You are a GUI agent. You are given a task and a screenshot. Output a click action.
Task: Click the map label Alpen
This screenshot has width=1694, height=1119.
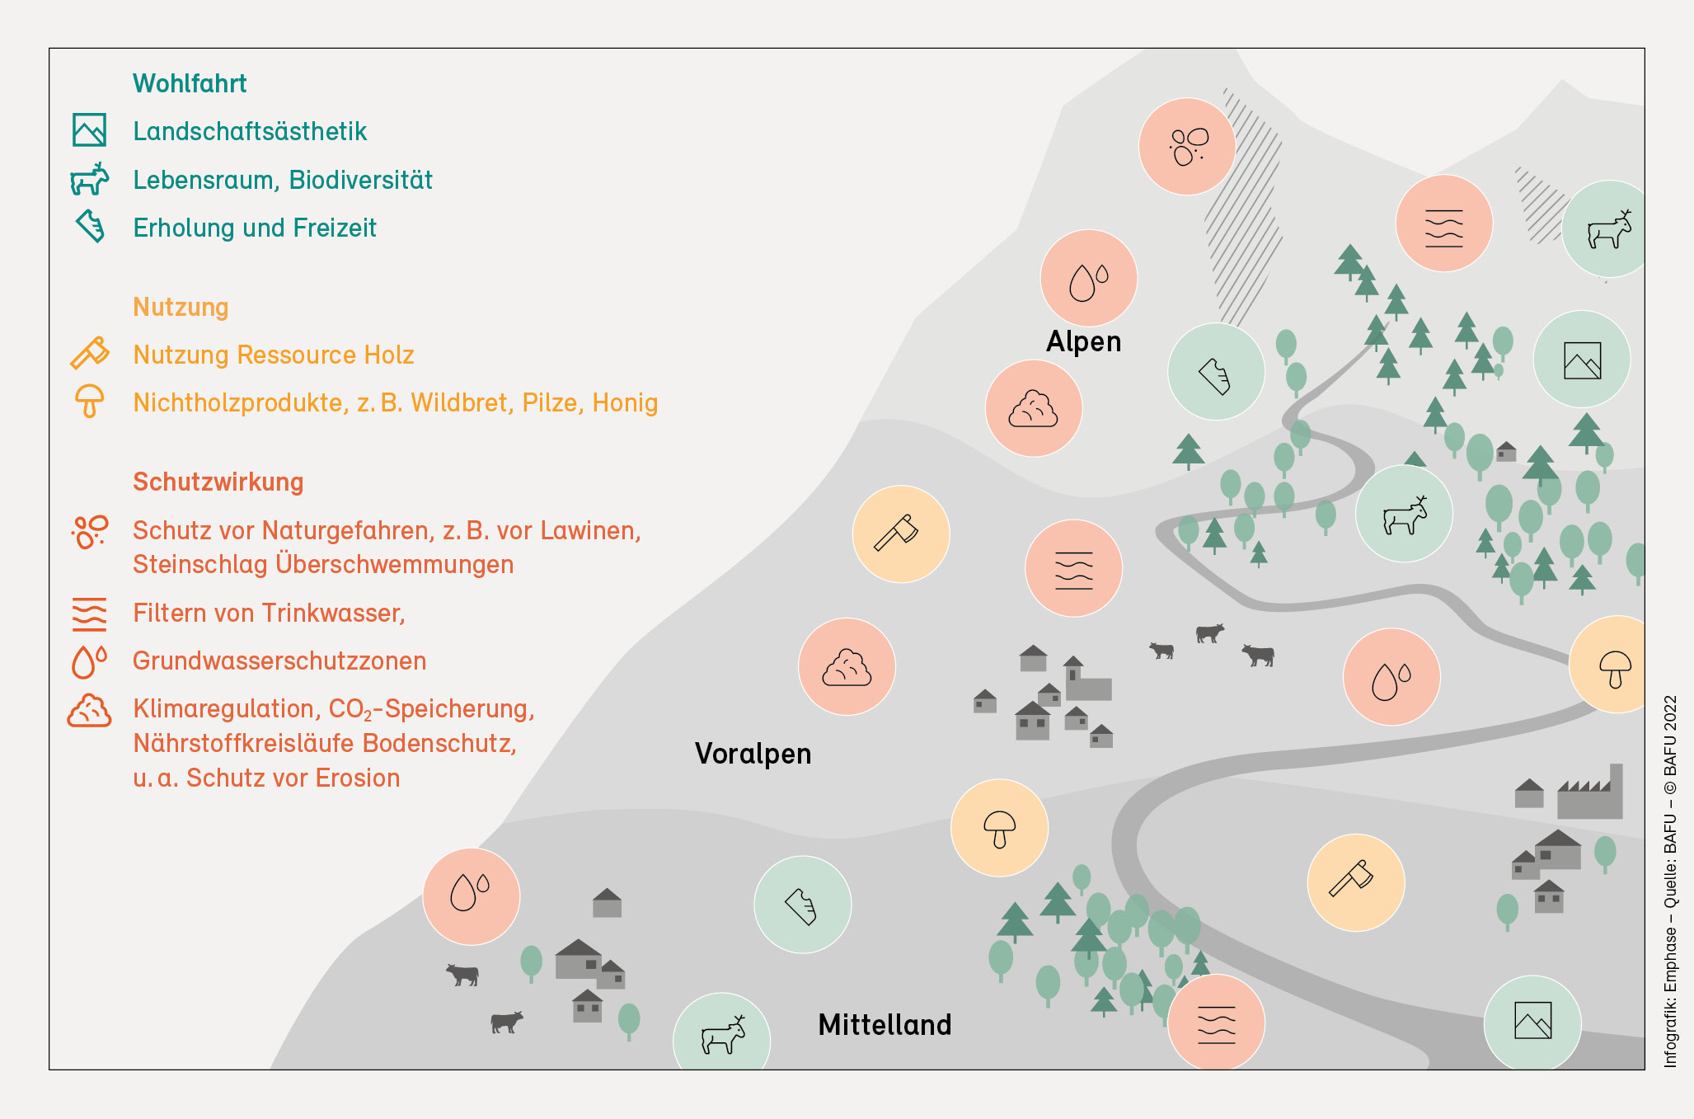tap(1083, 341)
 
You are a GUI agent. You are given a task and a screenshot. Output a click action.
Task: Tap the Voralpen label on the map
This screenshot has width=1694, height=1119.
tap(753, 754)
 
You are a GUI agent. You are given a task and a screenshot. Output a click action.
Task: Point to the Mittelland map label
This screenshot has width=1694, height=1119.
tap(885, 1025)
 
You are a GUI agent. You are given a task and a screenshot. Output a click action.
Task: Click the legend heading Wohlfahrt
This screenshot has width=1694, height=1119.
tap(190, 83)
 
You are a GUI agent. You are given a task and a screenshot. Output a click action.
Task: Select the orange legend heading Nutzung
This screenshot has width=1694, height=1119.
tap(181, 308)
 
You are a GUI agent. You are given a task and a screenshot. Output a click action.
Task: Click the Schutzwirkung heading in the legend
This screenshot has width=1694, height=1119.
tap(218, 482)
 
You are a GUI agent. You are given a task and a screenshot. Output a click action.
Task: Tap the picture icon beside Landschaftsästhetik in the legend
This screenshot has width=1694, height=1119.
tap(89, 130)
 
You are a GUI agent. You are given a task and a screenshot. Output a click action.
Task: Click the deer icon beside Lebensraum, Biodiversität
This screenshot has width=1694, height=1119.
tap(89, 179)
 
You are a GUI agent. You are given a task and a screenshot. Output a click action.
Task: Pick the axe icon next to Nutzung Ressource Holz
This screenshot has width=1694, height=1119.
tap(89, 353)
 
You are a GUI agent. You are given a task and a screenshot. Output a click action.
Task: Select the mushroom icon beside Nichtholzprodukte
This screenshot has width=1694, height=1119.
tap(89, 402)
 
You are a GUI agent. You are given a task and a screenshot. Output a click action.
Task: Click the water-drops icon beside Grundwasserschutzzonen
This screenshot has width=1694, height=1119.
tap(89, 661)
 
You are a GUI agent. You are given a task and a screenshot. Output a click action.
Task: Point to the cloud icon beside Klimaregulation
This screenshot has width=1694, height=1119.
tap(89, 710)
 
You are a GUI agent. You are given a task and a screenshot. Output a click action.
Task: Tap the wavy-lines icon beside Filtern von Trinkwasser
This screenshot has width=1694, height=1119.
tap(89, 614)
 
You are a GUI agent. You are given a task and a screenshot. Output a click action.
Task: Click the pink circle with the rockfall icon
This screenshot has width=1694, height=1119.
tap(1187, 147)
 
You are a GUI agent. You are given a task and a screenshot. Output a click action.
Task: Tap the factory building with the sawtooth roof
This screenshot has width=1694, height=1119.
tap(1589, 792)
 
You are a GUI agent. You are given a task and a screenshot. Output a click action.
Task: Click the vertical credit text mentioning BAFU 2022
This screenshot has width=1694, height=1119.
tap(1670, 882)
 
